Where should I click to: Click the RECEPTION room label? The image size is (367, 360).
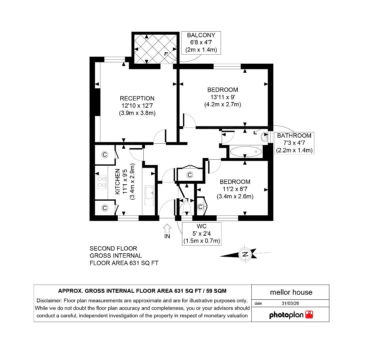pos(137,98)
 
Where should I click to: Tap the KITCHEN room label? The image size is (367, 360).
pos(118,182)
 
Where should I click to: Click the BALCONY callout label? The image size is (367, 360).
pos(201,35)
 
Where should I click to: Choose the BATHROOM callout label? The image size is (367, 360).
pos(294,136)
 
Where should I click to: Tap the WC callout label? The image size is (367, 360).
pos(202,226)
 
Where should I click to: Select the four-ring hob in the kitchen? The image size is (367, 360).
pos(102,182)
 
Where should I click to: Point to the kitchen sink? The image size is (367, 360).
pos(149,192)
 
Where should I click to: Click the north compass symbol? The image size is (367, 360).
pos(245,254)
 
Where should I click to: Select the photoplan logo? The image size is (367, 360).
pos(291,315)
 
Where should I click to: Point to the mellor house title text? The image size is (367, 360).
pos(291,292)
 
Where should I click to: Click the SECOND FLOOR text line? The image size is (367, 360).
pos(113,249)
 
